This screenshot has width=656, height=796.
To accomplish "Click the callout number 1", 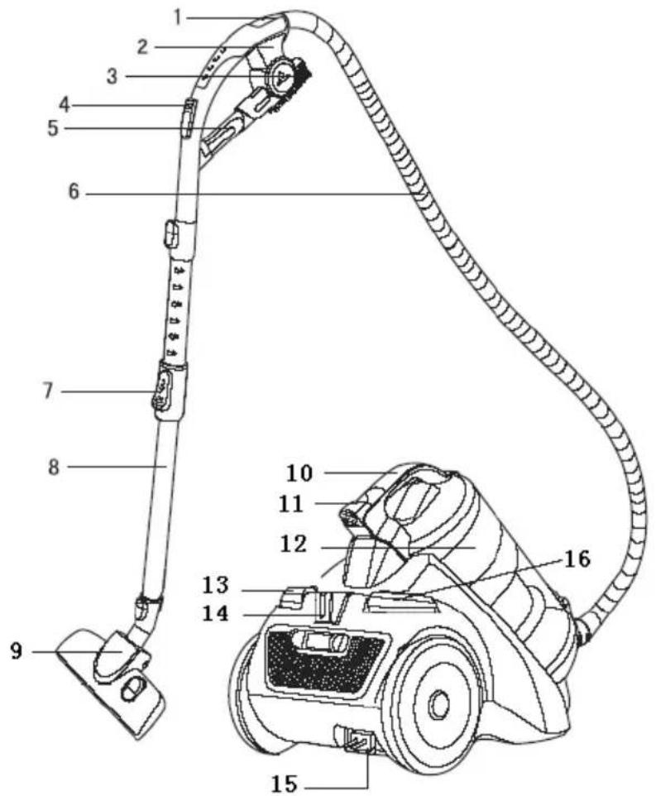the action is coord(177,17).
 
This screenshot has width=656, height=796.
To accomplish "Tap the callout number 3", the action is coord(112,76).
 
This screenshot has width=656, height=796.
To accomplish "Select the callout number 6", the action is coord(74,193).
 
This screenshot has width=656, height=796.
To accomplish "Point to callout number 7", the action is coord(47,391).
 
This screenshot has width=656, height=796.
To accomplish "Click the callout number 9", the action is coord(17,651).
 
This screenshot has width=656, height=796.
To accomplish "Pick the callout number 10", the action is coord(299,473).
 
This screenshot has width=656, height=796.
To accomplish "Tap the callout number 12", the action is coord(293,545).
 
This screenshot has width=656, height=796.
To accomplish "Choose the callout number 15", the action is coord(284,784).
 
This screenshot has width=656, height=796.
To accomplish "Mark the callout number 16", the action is coord(577,559).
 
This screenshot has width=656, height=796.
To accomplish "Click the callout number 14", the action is coord(216,614).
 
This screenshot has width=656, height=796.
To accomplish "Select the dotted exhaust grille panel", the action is coord(325,663).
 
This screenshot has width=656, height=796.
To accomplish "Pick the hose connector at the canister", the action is coord(585,629).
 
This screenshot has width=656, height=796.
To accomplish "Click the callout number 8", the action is coord(54,467).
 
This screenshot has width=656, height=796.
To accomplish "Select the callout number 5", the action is coord(53,127).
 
